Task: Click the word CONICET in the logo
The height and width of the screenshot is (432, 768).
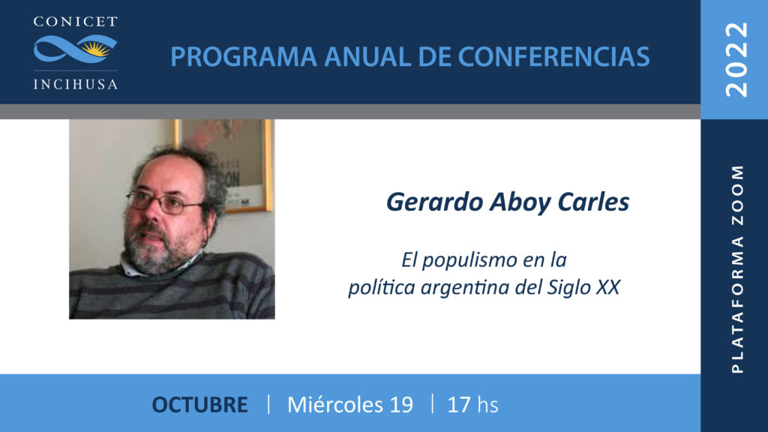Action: click(76, 22)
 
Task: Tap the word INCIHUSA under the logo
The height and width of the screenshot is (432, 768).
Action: click(76, 84)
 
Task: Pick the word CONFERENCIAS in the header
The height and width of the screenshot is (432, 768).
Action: click(553, 57)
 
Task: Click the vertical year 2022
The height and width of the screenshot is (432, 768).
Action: click(737, 59)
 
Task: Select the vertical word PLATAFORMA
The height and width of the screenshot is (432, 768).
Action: click(738, 304)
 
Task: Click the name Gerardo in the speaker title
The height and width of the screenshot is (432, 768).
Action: click(434, 202)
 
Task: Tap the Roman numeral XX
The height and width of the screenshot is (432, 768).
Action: click(608, 287)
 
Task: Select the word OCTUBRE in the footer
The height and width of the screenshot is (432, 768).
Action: click(199, 405)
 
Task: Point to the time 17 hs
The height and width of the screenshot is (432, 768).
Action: click(472, 405)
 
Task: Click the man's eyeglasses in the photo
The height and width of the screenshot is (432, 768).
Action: click(164, 202)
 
